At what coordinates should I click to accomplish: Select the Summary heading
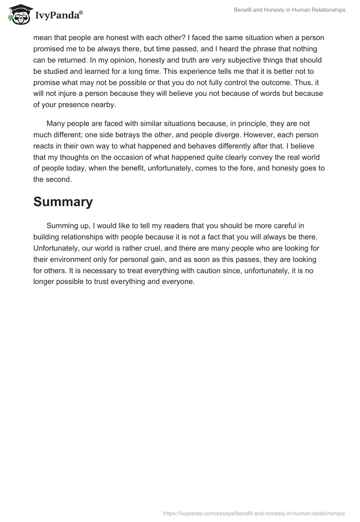coord(63,202)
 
